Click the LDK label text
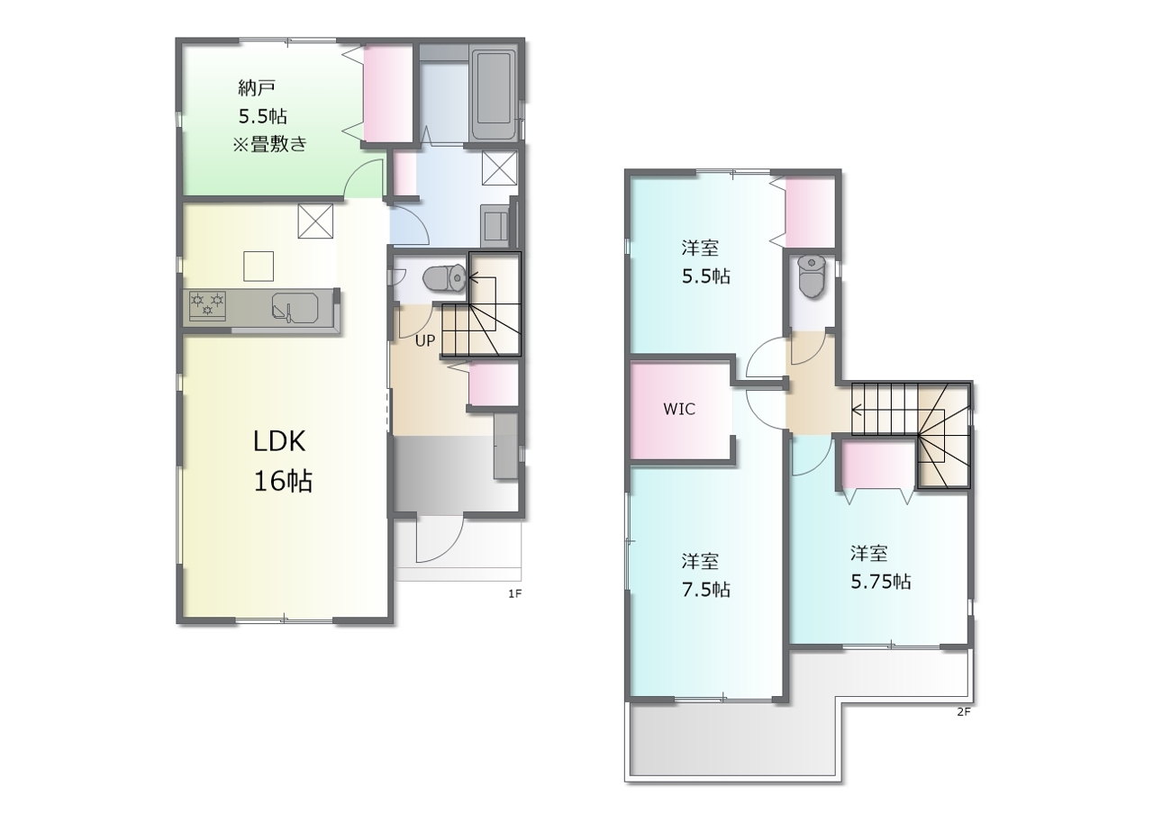279,441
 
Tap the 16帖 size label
283,481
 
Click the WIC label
679,409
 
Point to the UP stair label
424,340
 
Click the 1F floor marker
514,594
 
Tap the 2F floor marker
964,712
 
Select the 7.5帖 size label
705,590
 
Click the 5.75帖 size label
881,582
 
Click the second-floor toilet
812,276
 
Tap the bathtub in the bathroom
493,95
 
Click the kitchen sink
295,308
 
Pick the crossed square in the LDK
315,222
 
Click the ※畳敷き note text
269,144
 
